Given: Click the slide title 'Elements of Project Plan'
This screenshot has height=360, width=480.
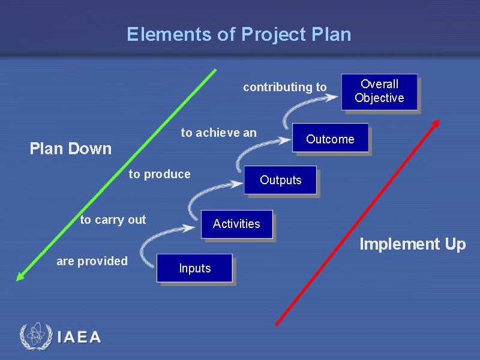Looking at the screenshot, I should tap(239, 34).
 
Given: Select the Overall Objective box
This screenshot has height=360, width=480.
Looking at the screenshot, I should tap(379, 91).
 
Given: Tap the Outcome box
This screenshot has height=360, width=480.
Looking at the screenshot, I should tap(330, 139).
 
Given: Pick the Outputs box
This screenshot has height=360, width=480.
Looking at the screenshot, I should tap(280, 180).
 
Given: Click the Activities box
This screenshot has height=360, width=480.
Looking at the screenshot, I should tap(236, 224).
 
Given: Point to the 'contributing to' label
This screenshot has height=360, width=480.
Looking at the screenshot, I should tap(284, 88).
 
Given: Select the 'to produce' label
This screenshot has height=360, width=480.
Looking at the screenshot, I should tap(160, 175).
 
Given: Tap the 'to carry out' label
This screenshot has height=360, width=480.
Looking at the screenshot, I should tap(113, 220).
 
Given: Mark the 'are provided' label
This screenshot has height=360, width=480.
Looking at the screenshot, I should tap(92, 261).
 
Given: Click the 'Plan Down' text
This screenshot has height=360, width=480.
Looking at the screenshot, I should tap(70, 149).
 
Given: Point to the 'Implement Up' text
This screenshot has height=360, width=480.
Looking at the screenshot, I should tap(412, 244).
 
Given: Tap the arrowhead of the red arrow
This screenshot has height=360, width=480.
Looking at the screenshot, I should tap(436, 123).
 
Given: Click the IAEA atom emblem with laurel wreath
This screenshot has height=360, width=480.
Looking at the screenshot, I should tap(34, 336).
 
